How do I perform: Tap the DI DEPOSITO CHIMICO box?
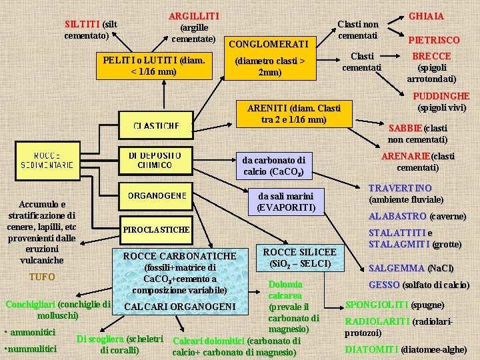click(155, 160)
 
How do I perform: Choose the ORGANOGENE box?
click(157, 196)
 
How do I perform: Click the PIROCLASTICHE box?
click(156, 230)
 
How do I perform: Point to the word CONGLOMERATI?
click(268, 44)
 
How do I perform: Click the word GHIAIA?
click(426, 16)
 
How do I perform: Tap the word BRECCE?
click(431, 56)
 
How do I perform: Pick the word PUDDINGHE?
click(441, 96)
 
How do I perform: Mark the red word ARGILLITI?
click(194, 16)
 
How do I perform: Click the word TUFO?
click(41, 276)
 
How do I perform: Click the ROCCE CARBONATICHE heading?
click(179, 256)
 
